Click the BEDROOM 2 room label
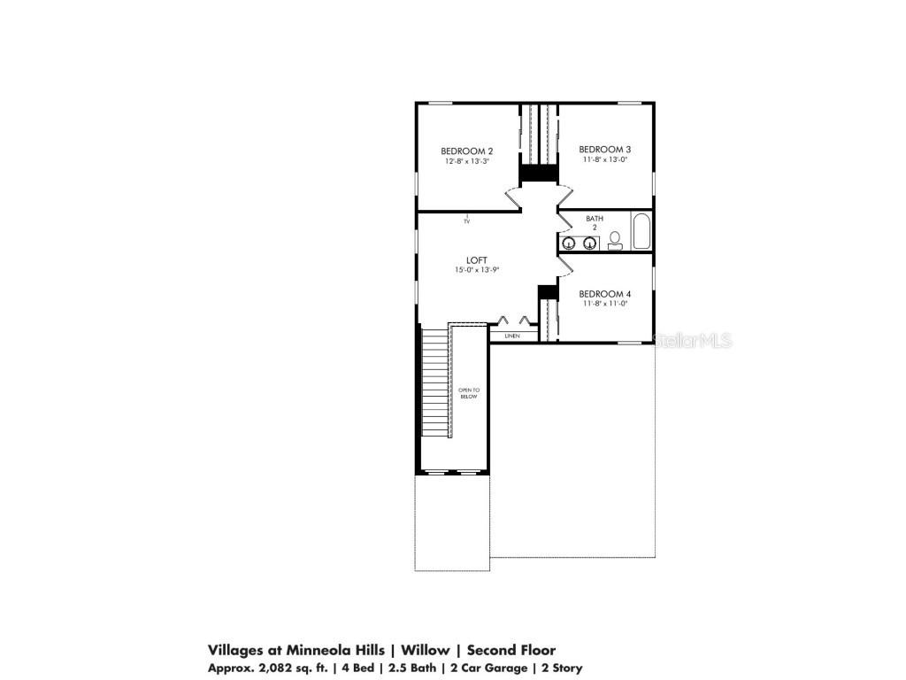pyautogui.click(x=466, y=151)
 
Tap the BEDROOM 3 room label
pyautogui.click(x=604, y=149)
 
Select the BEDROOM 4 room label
pyautogui.click(x=604, y=293)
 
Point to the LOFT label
pyautogui.click(x=476, y=260)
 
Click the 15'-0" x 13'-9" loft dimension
pyautogui.click(x=477, y=270)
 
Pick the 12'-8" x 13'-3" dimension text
pyautogui.click(x=466, y=161)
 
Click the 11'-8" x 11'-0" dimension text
pyautogui.click(x=604, y=304)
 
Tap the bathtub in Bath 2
pyautogui.click(x=641, y=232)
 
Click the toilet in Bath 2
pyautogui.click(x=615, y=241)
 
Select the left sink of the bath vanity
pyautogui.click(x=569, y=243)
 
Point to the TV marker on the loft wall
pyautogui.click(x=466, y=220)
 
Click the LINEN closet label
pyautogui.click(x=511, y=336)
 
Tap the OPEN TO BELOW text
pyautogui.click(x=468, y=393)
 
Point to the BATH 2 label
pyautogui.click(x=595, y=222)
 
